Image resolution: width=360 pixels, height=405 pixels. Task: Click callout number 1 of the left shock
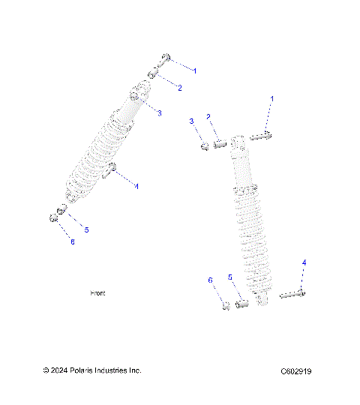pos(195,70)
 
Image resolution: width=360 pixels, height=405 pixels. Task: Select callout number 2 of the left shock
pos(179,88)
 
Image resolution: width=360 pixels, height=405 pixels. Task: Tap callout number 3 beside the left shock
pos(159,112)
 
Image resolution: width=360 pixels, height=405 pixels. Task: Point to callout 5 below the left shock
pos(86,229)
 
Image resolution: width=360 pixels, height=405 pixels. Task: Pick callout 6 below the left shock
pos(73,241)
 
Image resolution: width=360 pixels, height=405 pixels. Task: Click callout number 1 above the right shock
pos(271,99)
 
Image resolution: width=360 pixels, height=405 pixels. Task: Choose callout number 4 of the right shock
pos(304,262)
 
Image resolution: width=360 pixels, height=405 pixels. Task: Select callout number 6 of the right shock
pos(211,280)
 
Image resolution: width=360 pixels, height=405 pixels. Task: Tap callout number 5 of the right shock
pos(230,277)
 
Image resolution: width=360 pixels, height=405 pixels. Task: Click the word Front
pos(97,293)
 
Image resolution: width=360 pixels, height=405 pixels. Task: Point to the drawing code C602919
pos(296,371)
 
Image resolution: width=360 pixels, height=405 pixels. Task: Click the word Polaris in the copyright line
pos(78,370)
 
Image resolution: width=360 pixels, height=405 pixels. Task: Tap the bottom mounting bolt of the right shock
pos(293,295)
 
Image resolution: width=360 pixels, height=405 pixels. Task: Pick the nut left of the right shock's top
pos(202,145)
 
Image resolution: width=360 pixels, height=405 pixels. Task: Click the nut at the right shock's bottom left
pos(225,306)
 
